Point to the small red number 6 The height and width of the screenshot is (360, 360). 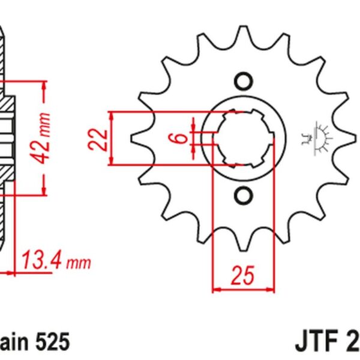tap(178, 138)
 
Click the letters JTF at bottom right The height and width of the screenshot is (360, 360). tap(316, 343)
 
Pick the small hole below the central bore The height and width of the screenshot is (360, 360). tap(243, 195)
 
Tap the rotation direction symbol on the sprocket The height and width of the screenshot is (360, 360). tap(317, 137)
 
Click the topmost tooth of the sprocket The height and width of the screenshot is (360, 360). tap(243, 33)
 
